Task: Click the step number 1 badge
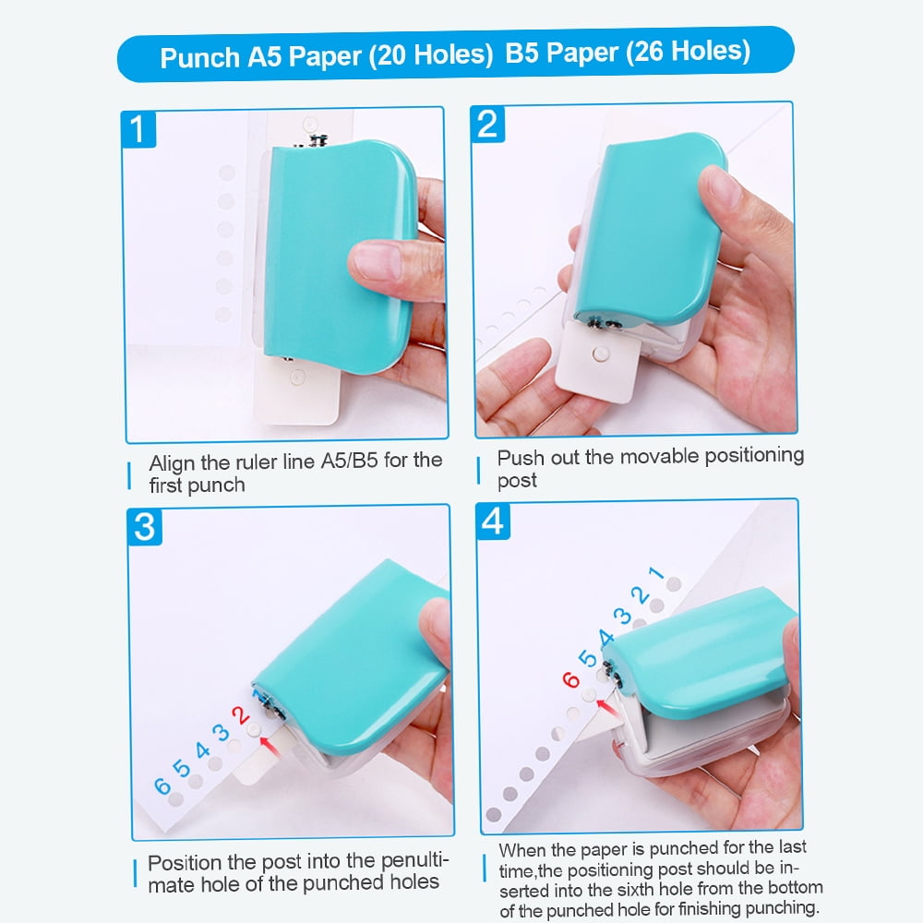[x=138, y=129]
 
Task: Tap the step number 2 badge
[x=488, y=123]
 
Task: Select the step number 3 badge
[x=145, y=527]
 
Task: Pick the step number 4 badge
[x=494, y=521]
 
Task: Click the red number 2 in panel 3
[x=240, y=715]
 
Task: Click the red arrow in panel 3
[x=270, y=741]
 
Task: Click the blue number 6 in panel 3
[x=162, y=786]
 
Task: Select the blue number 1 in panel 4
[x=656, y=573]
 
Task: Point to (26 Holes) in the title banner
[x=688, y=54]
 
